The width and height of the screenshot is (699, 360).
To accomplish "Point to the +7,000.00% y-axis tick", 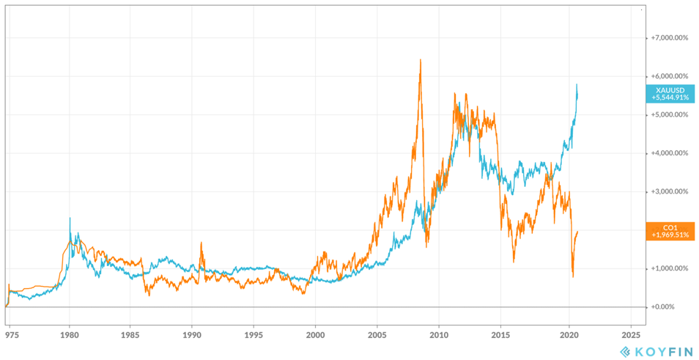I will (x=667, y=37).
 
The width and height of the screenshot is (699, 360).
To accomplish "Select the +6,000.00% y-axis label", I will (x=667, y=76).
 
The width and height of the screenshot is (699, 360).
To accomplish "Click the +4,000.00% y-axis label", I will (x=667, y=153).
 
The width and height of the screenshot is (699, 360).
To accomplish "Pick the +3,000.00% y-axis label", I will (x=667, y=191).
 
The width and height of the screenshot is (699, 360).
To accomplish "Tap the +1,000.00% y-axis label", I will (x=667, y=268).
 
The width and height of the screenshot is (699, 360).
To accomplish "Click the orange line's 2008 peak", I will (x=420, y=60).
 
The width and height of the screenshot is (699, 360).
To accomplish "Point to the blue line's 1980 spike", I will (x=70, y=218).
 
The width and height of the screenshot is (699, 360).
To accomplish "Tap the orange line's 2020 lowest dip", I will (x=573, y=276).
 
